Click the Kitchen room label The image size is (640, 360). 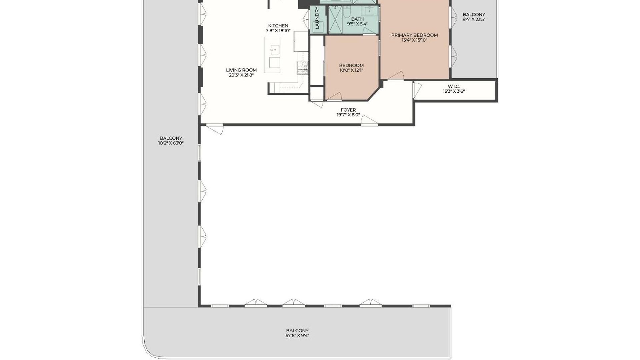point(278,26)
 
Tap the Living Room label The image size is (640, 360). point(241,70)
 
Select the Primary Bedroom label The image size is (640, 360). point(414,35)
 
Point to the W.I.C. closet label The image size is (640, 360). point(454,86)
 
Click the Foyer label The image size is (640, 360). point(348,110)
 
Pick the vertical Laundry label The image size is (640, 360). point(317,18)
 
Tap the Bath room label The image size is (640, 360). point(357,19)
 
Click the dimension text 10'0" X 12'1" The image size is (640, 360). point(351,70)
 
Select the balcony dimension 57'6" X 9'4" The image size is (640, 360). point(297,336)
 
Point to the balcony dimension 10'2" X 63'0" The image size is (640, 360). point(171,143)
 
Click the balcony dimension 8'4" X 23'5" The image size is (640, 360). point(474,19)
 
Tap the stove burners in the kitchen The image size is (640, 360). point(302,68)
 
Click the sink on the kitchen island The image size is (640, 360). point(275,50)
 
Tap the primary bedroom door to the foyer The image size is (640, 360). point(396,76)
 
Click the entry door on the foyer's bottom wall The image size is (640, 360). point(369,120)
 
